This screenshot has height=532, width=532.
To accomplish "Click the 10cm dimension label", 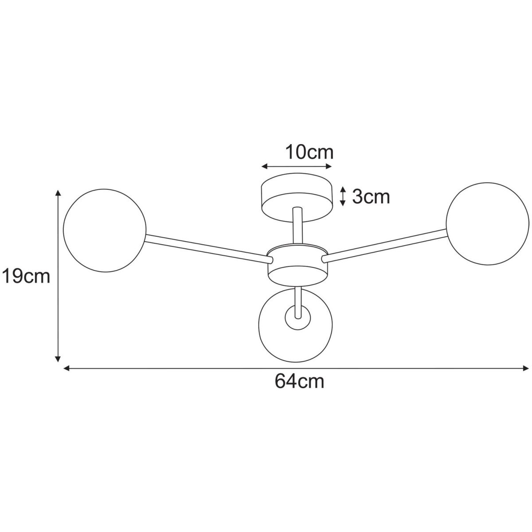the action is [309, 152].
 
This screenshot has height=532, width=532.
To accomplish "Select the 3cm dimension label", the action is [371, 197].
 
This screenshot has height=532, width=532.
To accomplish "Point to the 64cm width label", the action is [299, 381].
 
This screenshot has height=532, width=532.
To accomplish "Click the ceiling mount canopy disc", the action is [297, 198].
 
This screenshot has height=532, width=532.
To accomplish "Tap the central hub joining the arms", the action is [298, 265].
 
